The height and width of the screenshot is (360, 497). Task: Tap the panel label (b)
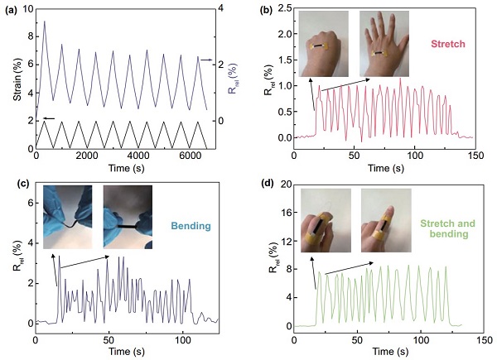tap(263, 10)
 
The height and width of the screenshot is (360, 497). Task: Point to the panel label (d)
tap(263, 185)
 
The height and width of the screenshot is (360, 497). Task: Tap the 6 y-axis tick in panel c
tap(28, 203)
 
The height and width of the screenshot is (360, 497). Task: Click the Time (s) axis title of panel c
tap(126, 351)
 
